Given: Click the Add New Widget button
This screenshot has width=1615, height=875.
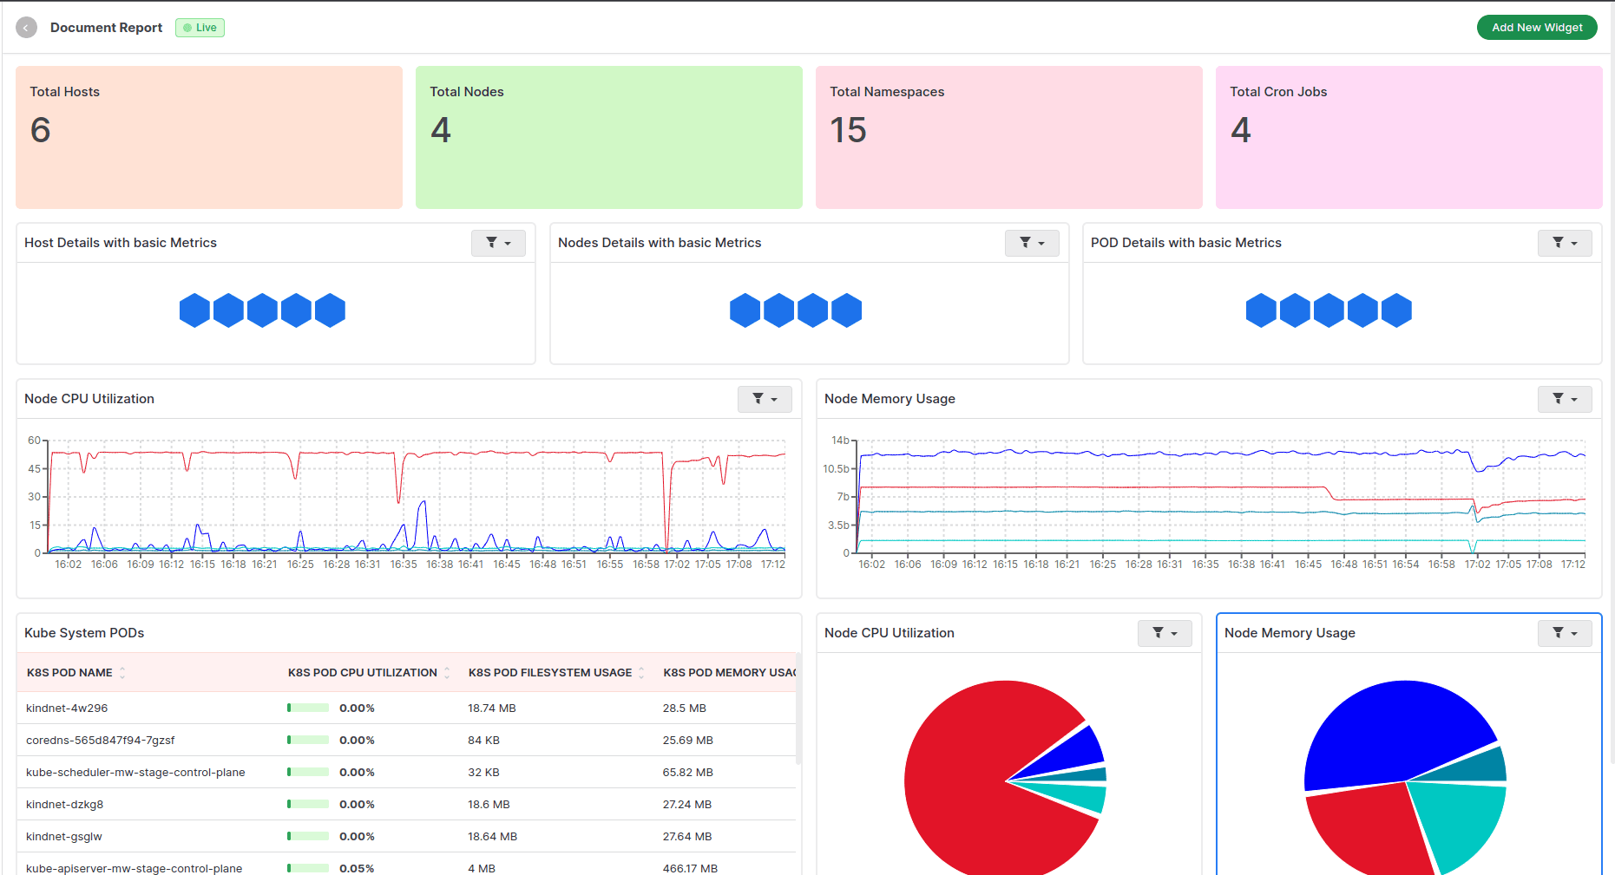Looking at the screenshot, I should click(1536, 28).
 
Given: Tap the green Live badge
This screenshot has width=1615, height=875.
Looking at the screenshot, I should click(200, 28).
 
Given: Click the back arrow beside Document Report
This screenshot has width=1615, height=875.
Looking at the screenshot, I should click(27, 28).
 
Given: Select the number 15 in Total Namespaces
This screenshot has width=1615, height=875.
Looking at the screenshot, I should click(848, 131).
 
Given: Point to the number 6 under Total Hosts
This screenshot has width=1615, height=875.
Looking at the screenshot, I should click(41, 131).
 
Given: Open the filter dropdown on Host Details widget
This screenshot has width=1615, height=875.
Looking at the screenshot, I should click(498, 243).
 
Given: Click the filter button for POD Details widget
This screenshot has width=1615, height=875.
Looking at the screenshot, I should click(1565, 243).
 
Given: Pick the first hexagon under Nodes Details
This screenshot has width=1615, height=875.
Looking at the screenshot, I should click(745, 310).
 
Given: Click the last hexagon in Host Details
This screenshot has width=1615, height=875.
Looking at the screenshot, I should click(330, 310).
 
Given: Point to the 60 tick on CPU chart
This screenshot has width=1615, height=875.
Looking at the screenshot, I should click(35, 441).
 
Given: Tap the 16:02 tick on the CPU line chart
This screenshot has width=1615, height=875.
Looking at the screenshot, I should click(69, 565).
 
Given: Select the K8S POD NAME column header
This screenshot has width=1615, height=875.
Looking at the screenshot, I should click(69, 673).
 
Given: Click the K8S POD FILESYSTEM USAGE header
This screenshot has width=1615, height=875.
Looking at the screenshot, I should click(550, 673).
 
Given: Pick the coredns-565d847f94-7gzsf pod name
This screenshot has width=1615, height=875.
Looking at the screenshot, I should click(101, 741).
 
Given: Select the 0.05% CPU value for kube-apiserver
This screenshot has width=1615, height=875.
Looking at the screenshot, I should click(357, 868).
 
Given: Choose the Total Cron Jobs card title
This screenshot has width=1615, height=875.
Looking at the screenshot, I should click(1278, 92).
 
